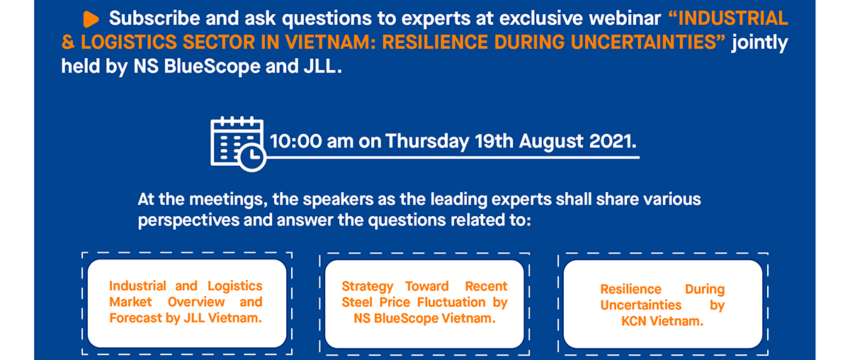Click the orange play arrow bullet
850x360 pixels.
[x=91, y=19]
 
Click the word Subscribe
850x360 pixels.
[x=154, y=18]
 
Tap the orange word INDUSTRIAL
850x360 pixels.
[x=733, y=18]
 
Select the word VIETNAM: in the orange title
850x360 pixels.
[x=330, y=42]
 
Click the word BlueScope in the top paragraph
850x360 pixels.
[x=212, y=67]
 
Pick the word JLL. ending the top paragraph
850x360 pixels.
[x=322, y=67]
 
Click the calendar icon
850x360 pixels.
[x=238, y=144]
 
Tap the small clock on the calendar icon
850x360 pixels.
[x=251, y=157]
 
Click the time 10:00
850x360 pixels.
[x=296, y=141]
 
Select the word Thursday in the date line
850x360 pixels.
[x=428, y=142]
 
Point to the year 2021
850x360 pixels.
[x=613, y=141]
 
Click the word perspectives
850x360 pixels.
[x=188, y=220]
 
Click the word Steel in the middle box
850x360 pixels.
[x=357, y=303]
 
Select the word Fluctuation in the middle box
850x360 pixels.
[x=451, y=303]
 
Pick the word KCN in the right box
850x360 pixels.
[x=634, y=321]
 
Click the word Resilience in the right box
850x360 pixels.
[x=630, y=289]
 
